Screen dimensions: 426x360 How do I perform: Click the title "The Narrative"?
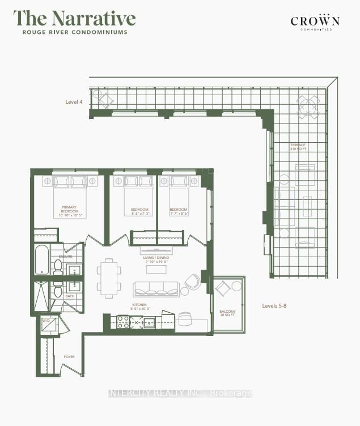tap(74, 18)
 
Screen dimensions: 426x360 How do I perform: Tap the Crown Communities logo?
tap(315, 23)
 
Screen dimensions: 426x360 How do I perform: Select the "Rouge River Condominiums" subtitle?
tap(74, 32)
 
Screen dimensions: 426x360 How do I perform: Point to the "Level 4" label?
tap(74, 102)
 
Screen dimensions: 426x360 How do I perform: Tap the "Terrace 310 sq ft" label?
tap(298, 147)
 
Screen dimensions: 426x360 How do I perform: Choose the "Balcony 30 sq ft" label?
tap(228, 313)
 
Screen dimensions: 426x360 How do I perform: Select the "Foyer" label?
tap(69, 357)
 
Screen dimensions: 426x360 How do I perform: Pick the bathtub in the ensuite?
tap(42, 259)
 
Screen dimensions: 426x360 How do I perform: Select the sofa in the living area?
tap(156, 288)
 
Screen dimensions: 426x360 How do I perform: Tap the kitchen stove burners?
tap(124, 322)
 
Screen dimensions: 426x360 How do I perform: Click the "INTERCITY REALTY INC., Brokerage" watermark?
tap(180, 393)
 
